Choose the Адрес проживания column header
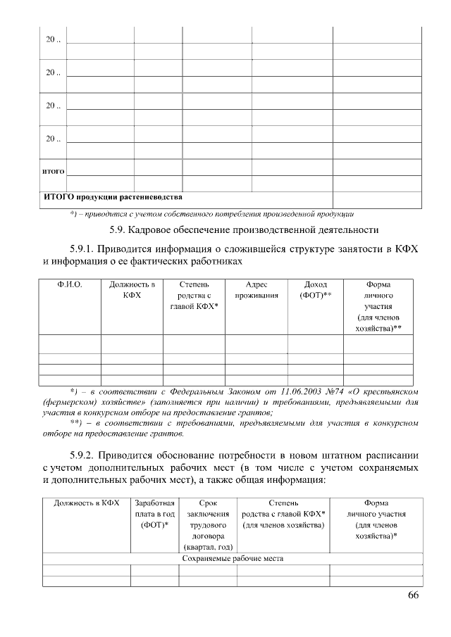(252, 291)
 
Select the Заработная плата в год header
(155, 514)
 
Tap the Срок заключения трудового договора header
(208, 524)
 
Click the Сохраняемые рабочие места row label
(233, 559)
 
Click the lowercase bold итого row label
(54, 171)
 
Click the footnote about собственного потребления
(211, 213)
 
